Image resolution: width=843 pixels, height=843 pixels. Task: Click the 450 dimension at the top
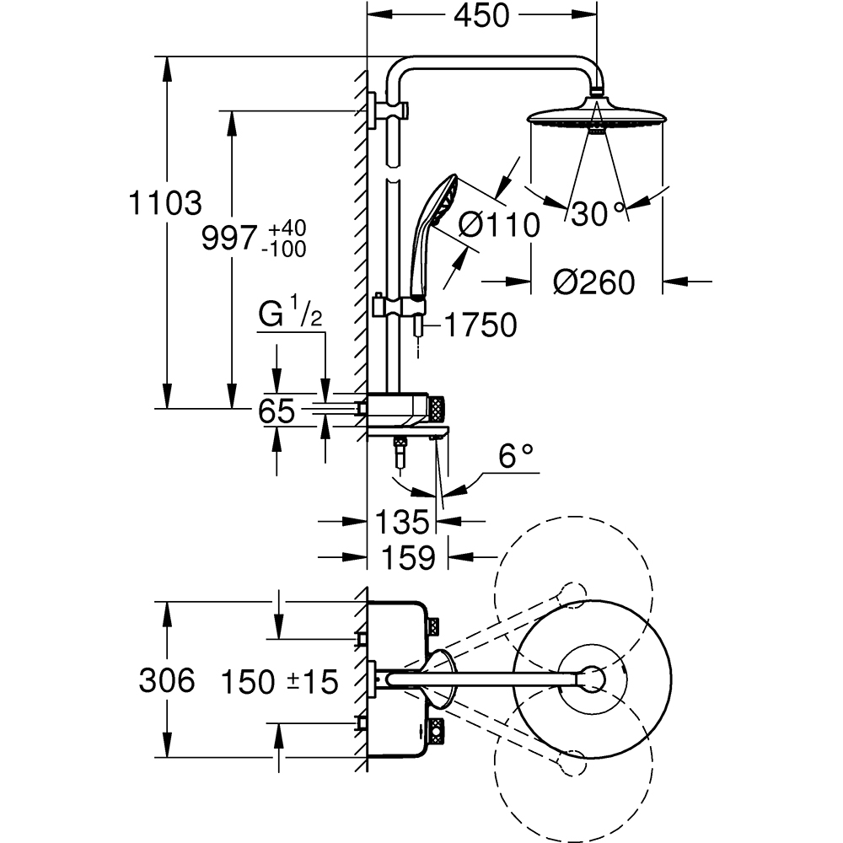pos(481,16)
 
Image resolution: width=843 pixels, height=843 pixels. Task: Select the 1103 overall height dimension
pos(165,203)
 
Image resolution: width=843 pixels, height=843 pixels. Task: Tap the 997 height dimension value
pos(229,239)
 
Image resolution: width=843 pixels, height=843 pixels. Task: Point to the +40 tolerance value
pos(287,228)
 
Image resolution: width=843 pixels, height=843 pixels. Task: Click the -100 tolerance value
pos(283,249)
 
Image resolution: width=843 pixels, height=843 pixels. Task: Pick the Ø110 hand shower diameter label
pos(499,224)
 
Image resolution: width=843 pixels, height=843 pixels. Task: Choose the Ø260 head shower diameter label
pos(594,282)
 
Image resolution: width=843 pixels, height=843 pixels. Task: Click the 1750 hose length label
pos(481,325)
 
